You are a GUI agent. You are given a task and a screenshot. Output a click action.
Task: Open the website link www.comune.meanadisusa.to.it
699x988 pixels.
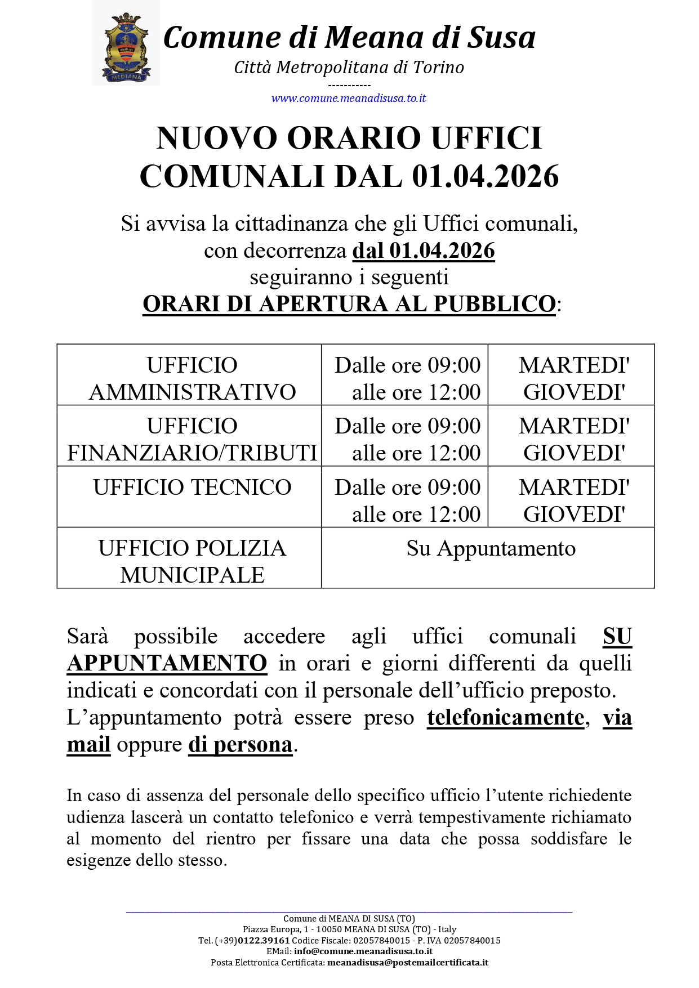point(349,98)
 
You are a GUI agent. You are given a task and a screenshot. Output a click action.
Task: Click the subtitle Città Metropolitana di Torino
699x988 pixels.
point(349,68)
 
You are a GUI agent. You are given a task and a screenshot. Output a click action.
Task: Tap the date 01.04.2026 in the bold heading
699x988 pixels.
point(485,176)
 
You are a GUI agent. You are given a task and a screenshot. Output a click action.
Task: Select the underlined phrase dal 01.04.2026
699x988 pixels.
point(424,251)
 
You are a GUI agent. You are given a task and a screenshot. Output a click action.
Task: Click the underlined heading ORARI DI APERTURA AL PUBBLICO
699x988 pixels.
point(349,303)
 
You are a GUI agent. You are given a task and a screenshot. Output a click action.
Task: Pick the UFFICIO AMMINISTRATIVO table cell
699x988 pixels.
point(192,378)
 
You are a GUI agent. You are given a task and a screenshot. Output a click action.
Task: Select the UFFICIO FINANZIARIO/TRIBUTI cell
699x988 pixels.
point(192,439)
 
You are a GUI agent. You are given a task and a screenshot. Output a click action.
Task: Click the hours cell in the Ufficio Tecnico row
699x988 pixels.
point(407,500)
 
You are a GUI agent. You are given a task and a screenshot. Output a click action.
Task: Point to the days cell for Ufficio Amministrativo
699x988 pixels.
point(574,378)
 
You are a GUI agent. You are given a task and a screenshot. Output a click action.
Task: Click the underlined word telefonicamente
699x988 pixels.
point(505,718)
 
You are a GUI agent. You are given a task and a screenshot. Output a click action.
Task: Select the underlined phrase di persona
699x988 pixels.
point(241,745)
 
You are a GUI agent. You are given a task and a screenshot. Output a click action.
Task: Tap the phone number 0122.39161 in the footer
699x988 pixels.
point(264,941)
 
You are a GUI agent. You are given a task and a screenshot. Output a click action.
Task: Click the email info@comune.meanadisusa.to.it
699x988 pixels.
point(363,951)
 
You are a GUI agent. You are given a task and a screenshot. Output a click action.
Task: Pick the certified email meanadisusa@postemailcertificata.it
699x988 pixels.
point(407,963)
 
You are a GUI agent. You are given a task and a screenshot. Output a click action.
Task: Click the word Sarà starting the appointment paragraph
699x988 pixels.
point(87,636)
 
